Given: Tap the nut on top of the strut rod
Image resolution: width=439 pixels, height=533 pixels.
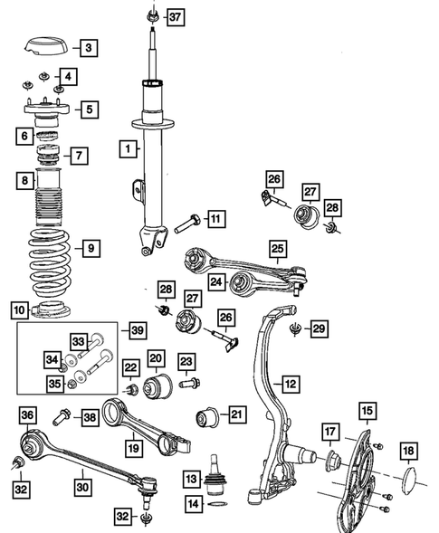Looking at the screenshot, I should point(152,15).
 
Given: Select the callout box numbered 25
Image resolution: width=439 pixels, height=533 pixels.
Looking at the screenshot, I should point(277,247).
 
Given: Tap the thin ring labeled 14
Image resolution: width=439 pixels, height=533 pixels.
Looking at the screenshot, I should point(217,500).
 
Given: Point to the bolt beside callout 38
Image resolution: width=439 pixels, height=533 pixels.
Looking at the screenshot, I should point(62,417).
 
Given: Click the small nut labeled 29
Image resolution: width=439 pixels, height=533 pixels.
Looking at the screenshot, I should point(296,328).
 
